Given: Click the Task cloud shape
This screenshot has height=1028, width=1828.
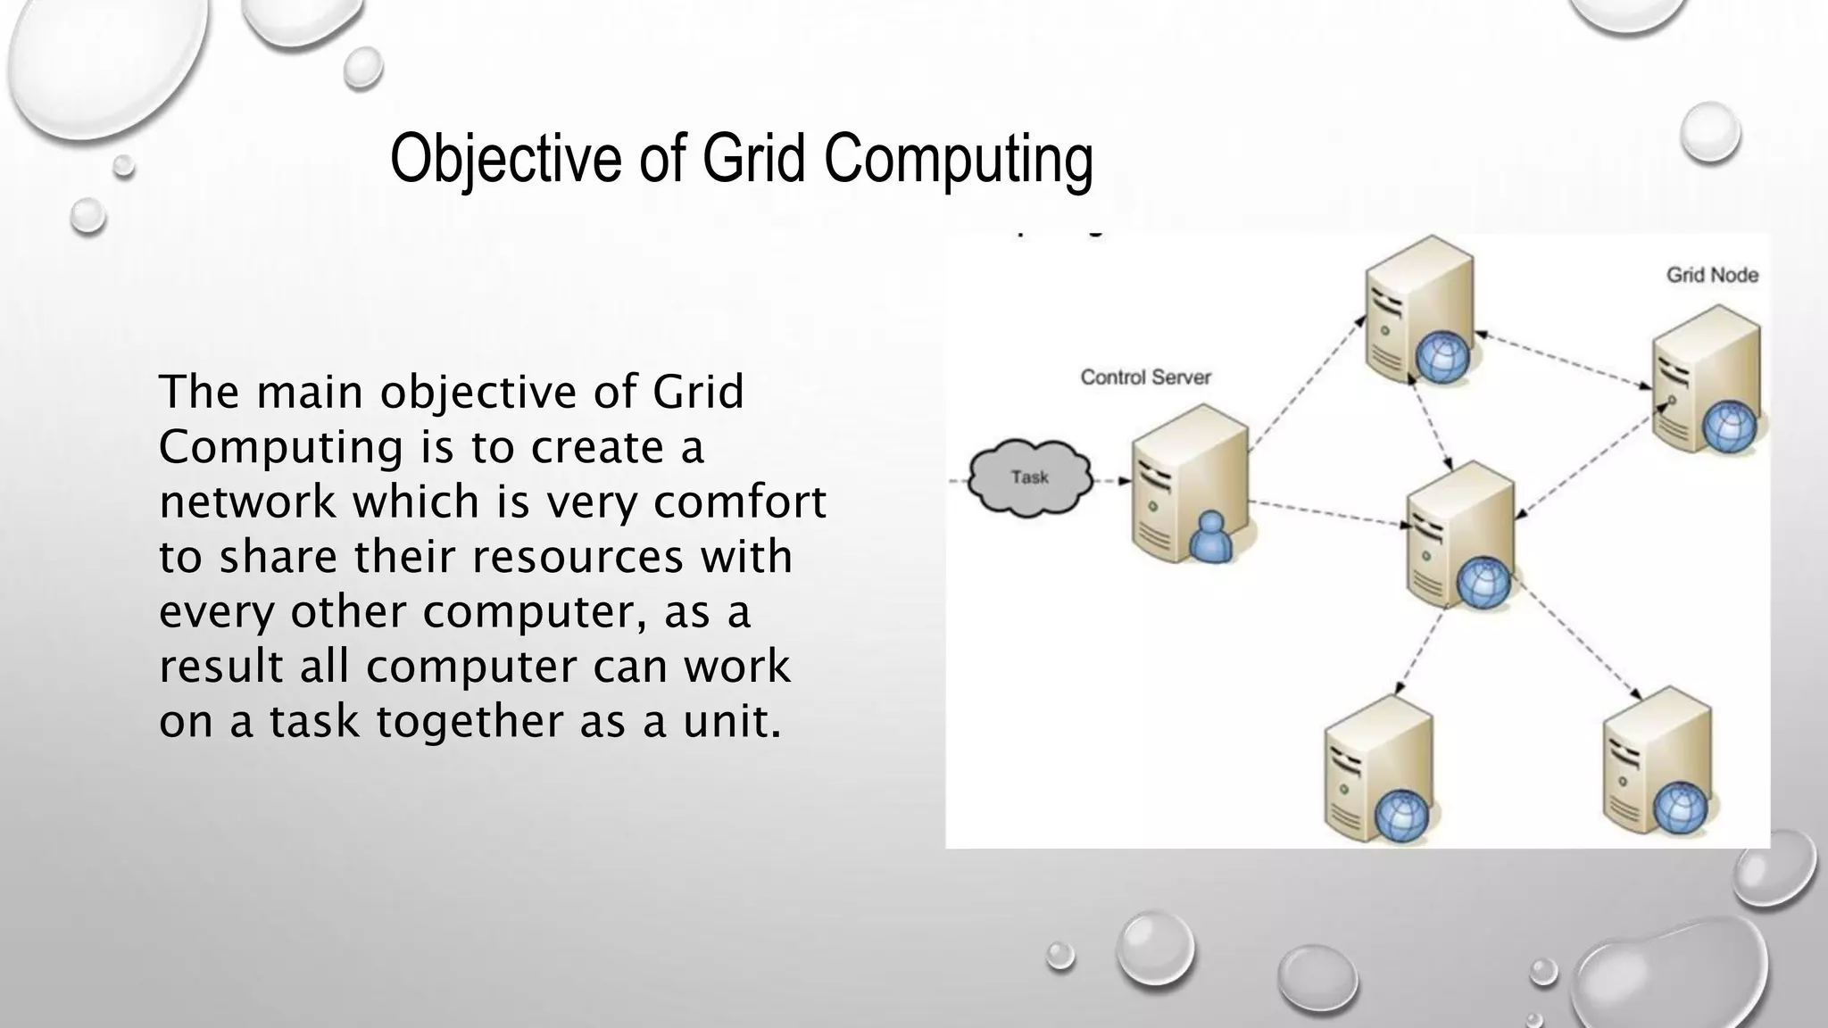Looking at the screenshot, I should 1030,478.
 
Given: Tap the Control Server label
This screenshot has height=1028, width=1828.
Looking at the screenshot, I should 1145,377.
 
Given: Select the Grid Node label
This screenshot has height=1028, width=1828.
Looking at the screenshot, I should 1712,275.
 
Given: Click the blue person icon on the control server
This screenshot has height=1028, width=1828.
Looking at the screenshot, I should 1211,537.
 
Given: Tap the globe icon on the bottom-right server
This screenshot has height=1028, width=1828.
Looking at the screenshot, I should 1681,809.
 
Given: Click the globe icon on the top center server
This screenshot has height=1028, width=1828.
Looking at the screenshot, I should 1442,357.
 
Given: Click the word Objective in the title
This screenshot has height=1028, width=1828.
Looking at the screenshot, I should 505,159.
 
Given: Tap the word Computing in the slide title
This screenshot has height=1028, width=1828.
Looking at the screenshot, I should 958,159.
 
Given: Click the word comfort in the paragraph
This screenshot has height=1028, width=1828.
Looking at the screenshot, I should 740,502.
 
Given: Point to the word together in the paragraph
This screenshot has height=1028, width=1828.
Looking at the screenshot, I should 470,721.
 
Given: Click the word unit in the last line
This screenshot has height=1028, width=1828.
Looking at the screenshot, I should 731,721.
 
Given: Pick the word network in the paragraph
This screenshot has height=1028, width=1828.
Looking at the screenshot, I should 247,502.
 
